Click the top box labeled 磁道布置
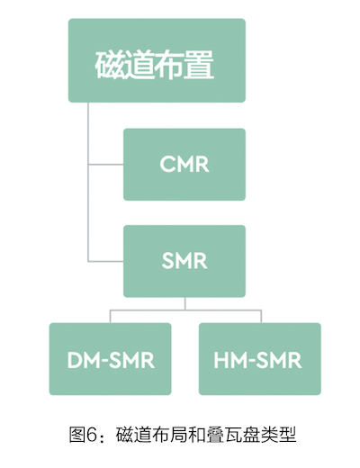pos(157,60)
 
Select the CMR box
pos(184,165)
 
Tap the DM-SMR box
pos(110,359)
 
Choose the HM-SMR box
pos(260,359)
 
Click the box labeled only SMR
pos(184,261)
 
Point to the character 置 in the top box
pos(199,65)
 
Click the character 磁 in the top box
pos(110,65)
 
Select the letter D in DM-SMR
pos(75,360)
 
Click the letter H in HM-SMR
pos(221,360)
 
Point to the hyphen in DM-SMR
pos(104,361)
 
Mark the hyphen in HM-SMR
pos(251,361)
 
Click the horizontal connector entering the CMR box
pos(106,165)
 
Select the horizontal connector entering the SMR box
pos(106,261)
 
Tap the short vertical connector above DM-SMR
pos(110,316)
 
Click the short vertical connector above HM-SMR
pos(261,316)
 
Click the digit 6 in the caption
pos(92,435)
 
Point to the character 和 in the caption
pos(197,435)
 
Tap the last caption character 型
pos(287,435)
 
